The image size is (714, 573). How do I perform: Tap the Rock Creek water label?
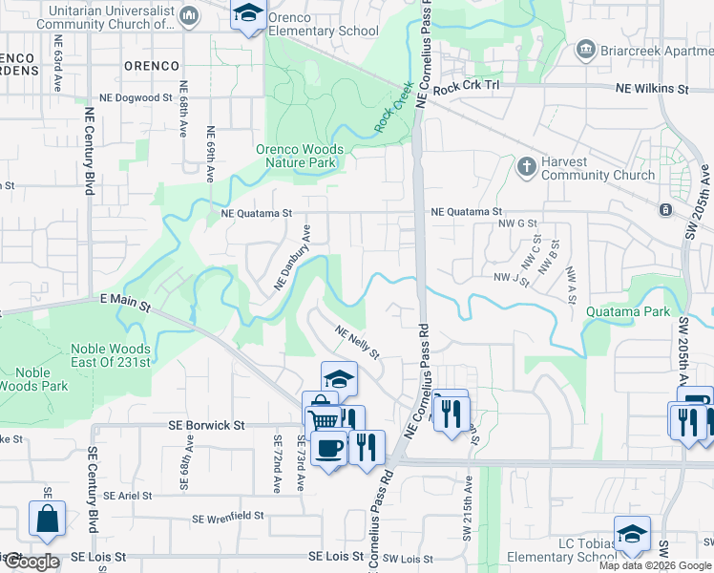tap(393, 107)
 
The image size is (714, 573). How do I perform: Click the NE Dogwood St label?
tap(136, 98)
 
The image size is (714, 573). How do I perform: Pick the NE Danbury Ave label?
tap(293, 258)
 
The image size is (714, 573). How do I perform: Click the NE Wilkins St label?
tap(652, 89)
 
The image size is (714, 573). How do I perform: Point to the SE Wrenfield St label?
tap(227, 518)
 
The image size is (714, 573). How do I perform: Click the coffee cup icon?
tap(329, 447)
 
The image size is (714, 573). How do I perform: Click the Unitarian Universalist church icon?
tap(189, 15)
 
